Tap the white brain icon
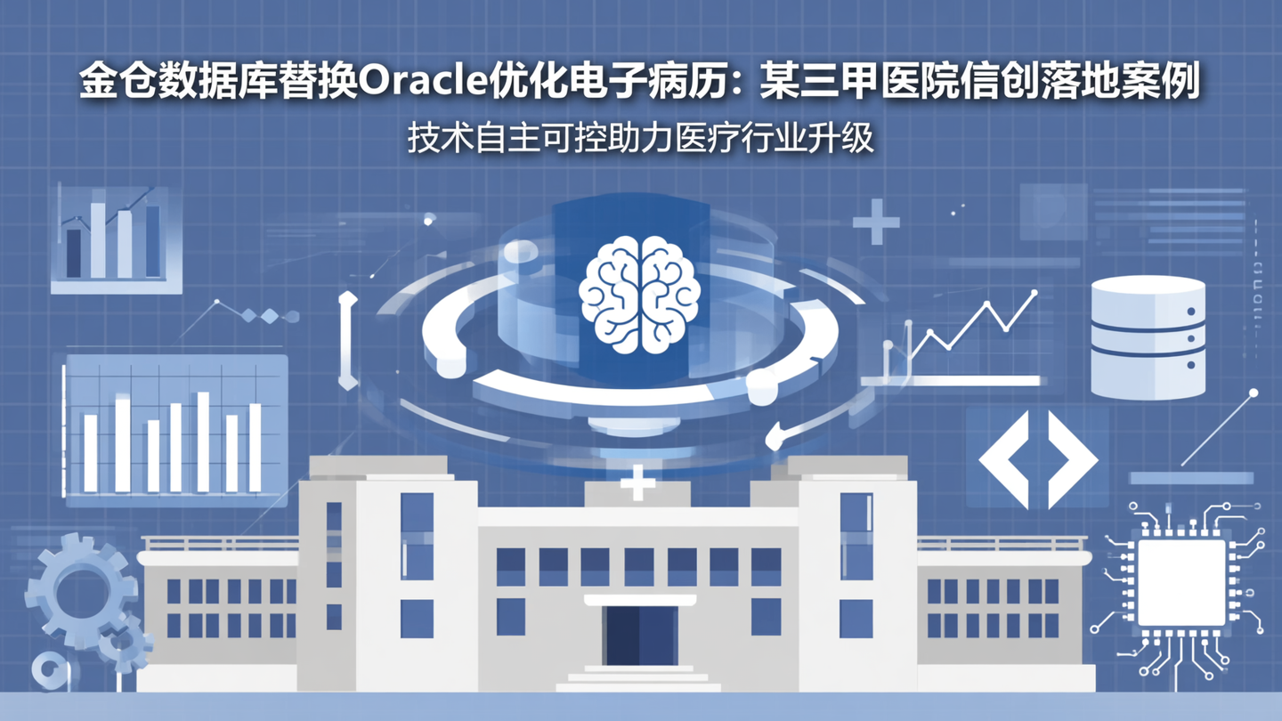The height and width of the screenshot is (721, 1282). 639,294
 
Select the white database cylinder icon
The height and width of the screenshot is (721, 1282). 1148,336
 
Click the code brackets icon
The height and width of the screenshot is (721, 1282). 1038,458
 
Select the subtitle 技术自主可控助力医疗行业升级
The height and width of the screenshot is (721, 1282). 641,140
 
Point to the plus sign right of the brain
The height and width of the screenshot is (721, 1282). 876,222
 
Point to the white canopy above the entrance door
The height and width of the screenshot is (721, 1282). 639,600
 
